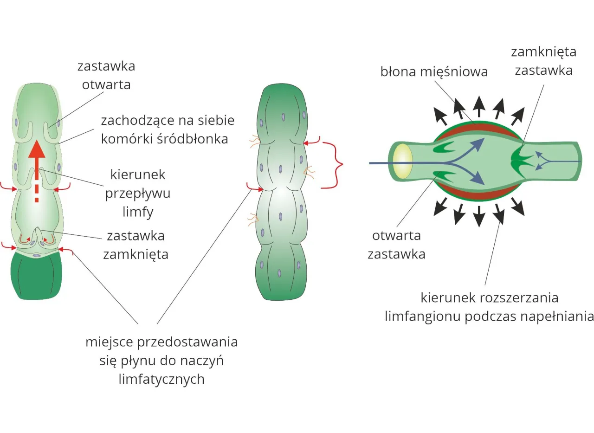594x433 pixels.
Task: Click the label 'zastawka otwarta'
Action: pos(106,75)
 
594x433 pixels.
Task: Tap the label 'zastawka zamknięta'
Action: pos(136,245)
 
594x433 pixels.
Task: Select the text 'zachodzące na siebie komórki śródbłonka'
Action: pos(168,129)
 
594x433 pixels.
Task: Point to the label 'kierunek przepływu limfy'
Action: pos(137,193)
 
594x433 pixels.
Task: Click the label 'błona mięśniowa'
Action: pos(434,72)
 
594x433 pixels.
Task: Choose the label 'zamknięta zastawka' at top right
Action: pos(543,61)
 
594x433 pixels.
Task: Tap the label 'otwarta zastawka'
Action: pos(396,245)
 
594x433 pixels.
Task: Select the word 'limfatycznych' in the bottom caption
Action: pos(161,379)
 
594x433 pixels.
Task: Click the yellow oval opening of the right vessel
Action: pos(402,161)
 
